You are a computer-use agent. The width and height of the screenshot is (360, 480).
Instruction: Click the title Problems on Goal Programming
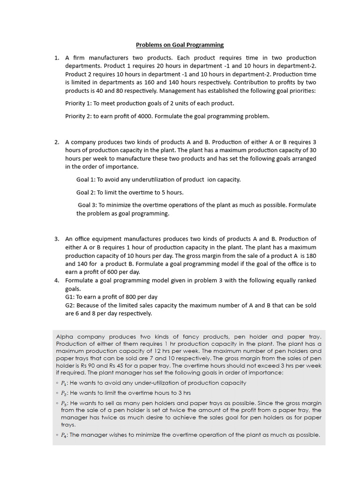(x=180, y=45)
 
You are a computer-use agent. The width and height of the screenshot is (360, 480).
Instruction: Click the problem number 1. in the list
(x=56, y=58)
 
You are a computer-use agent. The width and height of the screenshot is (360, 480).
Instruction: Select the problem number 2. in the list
(x=56, y=142)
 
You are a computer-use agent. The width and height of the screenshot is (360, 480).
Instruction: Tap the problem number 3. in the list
(x=56, y=239)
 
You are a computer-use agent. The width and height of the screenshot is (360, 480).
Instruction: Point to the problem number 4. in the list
(x=56, y=280)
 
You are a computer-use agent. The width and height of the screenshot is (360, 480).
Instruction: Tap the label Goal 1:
(x=86, y=180)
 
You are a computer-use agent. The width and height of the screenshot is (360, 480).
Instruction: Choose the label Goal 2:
(x=86, y=192)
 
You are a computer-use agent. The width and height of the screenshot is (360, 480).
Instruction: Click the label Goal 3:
(x=87, y=205)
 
